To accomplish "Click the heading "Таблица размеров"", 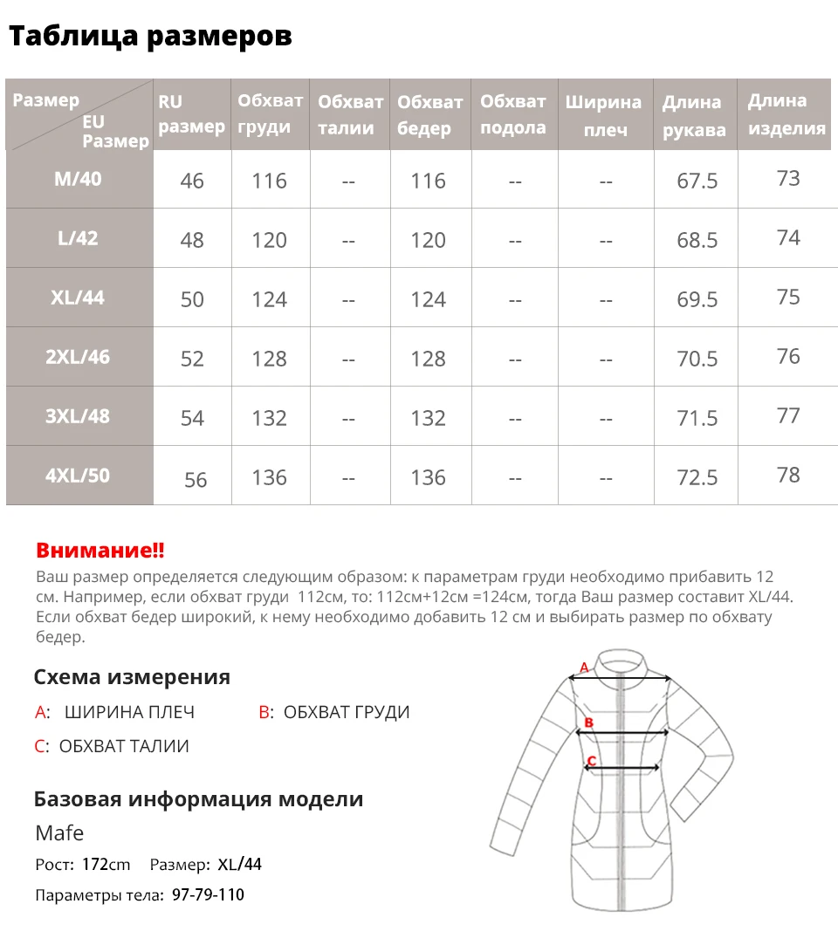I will [150, 36].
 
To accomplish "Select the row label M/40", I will [78, 179].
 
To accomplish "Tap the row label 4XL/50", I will [78, 476].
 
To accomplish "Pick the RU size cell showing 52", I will [192, 359].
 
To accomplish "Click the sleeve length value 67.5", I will [697, 181].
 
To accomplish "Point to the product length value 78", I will [787, 475].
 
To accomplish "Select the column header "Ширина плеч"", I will [603, 115].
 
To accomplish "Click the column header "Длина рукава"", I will [693, 116].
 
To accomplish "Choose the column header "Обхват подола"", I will [513, 114].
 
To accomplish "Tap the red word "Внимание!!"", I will [100, 551].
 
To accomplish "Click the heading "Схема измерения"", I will [132, 677].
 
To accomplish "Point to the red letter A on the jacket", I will [585, 668].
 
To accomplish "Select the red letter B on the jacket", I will [588, 723].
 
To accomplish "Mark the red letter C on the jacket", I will [591, 761].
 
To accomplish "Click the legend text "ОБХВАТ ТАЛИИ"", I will [124, 746].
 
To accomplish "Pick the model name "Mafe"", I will [59, 832].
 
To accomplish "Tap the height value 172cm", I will [106, 865].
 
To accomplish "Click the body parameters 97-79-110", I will [208, 895].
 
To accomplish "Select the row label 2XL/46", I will [78, 357].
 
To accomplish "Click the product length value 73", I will [787, 178].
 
